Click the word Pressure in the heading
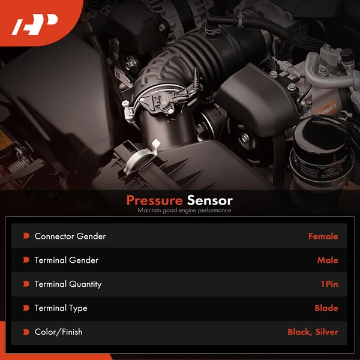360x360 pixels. pyautogui.click(x=154, y=200)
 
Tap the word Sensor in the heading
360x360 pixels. pyautogui.click(x=209, y=200)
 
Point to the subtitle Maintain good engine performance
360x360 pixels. pyautogui.click(x=184, y=211)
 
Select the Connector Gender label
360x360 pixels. pyautogui.click(x=70, y=236)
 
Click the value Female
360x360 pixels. pyautogui.click(x=323, y=236)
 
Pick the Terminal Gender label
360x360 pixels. pyautogui.click(x=67, y=260)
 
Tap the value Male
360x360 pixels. pyautogui.click(x=328, y=260)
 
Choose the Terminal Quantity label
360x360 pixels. pyautogui.click(x=68, y=284)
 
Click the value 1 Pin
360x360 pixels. pyautogui.click(x=329, y=284)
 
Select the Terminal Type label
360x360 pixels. pyautogui.click(x=61, y=308)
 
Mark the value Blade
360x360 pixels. pyautogui.click(x=326, y=308)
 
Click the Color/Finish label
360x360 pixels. pyautogui.click(x=59, y=332)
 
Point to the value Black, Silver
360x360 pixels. pyautogui.click(x=313, y=332)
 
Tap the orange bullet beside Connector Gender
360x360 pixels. pyautogui.click(x=26, y=236)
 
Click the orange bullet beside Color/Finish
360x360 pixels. pyautogui.click(x=26, y=332)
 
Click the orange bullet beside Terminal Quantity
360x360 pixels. pyautogui.click(x=26, y=284)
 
